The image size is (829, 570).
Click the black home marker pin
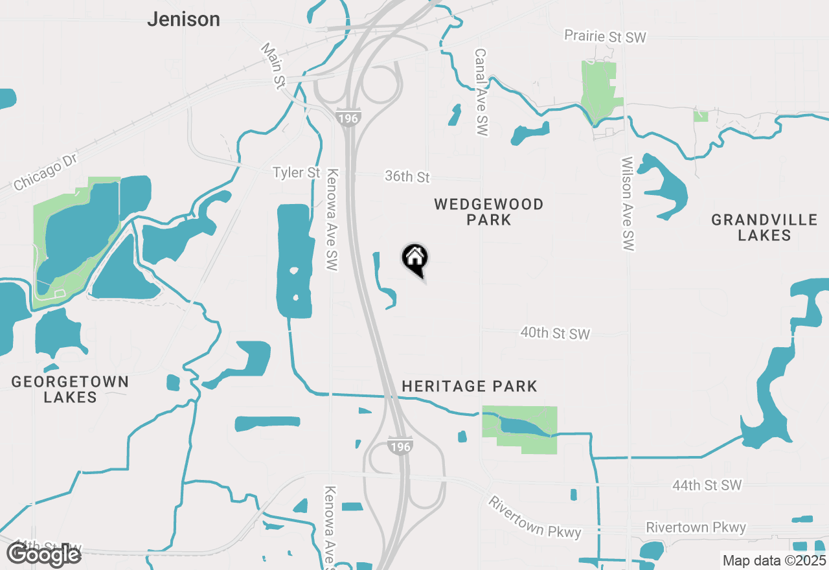(x=415, y=259)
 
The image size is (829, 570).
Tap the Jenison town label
(x=183, y=19)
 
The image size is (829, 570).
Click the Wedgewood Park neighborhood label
(x=488, y=212)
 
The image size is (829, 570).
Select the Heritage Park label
(x=470, y=386)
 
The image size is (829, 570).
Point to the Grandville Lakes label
(x=764, y=227)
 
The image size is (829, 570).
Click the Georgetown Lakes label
(x=70, y=389)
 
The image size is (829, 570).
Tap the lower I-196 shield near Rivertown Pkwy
(x=400, y=446)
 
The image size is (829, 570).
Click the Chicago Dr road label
(x=45, y=173)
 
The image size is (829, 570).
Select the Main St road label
(x=273, y=65)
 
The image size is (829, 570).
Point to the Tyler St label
(x=297, y=173)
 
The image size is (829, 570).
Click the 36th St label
(x=407, y=176)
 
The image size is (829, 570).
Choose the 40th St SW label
(x=555, y=334)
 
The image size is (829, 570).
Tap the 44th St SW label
(x=707, y=485)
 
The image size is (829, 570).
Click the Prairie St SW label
(x=605, y=36)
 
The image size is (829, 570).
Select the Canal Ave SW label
(x=481, y=92)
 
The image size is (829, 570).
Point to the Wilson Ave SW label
(x=627, y=203)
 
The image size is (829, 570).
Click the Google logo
(x=43, y=554)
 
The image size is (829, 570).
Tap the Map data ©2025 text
(x=774, y=560)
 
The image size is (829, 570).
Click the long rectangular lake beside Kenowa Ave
(x=293, y=260)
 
